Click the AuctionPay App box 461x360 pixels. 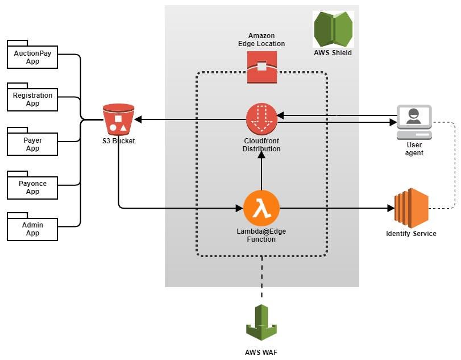pyautogui.click(x=32, y=57)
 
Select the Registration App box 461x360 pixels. pyautogui.click(x=32, y=100)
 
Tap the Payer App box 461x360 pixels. pyautogui.click(x=32, y=144)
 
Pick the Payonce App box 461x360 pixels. pyautogui.click(x=32, y=188)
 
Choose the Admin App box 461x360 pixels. pyautogui.click(x=32, y=229)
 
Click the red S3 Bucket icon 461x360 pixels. pyautogui.click(x=119, y=119)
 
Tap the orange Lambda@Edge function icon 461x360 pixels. pyautogui.click(x=261, y=208)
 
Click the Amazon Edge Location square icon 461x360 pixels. pyautogui.click(x=261, y=67)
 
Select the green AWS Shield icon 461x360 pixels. pyautogui.click(x=333, y=30)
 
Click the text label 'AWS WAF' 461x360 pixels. pyautogui.click(x=261, y=351)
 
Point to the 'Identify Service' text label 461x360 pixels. pyautogui.click(x=411, y=234)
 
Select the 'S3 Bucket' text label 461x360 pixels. pyautogui.click(x=119, y=140)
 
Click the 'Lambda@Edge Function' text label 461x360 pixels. pyautogui.click(x=261, y=235)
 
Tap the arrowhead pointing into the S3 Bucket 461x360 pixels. pyautogui.click(x=138, y=119)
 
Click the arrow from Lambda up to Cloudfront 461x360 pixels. pyautogui.click(x=261, y=173)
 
